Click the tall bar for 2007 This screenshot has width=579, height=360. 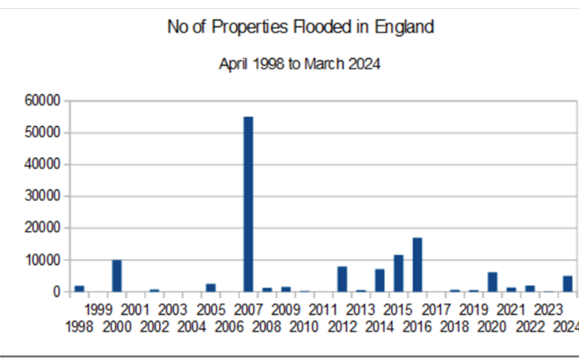click(x=248, y=204)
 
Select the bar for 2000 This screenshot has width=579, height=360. click(x=116, y=276)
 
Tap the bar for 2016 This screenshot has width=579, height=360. click(x=417, y=264)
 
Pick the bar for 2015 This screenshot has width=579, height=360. click(x=399, y=273)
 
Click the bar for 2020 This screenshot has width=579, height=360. click(x=492, y=282)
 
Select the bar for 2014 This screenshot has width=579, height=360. click(x=379, y=280)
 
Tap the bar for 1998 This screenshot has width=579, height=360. click(x=79, y=288)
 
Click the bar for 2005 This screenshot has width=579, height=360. click(x=211, y=287)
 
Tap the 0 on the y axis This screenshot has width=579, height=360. click(x=56, y=292)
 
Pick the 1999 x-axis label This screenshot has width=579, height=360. click(x=98, y=309)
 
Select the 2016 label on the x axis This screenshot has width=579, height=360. click(x=417, y=327)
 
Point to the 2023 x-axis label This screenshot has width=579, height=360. click(x=549, y=309)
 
